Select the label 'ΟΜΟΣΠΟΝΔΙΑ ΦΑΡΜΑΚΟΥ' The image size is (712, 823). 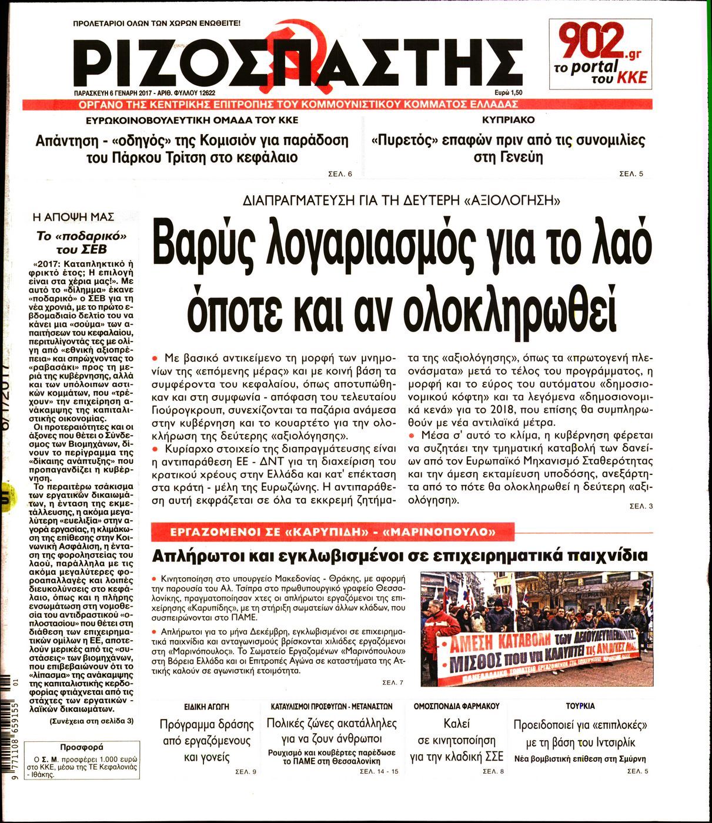point(456,705)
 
